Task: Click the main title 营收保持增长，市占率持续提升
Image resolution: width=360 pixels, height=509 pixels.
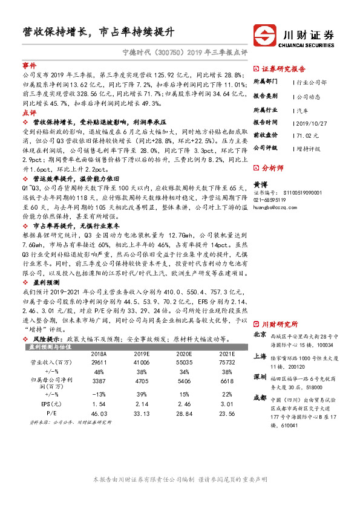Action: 98,32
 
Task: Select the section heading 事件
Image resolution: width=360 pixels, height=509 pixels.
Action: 29,64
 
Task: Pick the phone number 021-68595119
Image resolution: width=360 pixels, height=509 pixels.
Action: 270,199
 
